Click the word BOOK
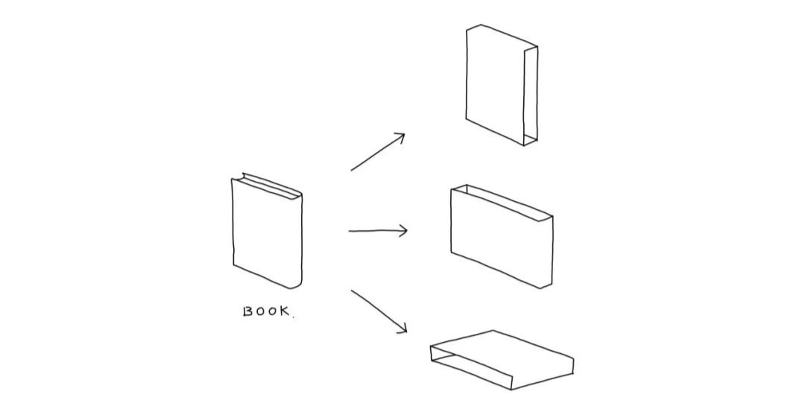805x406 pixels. (x=267, y=311)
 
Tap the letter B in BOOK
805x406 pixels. (x=247, y=311)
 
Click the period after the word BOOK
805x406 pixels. (x=293, y=317)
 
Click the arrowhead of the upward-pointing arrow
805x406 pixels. (x=400, y=137)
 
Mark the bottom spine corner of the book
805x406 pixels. (x=298, y=286)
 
